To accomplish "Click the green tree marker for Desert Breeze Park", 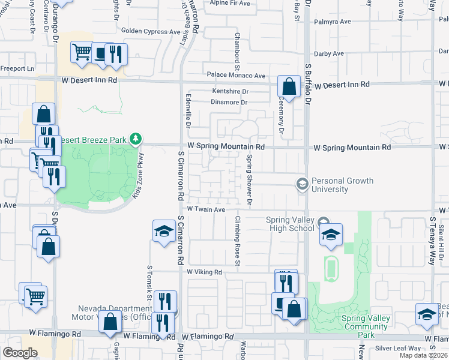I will (x=136, y=139).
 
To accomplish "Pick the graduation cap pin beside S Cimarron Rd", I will (x=163, y=232).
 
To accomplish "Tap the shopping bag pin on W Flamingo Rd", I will (x=110, y=322).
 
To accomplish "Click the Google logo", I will (x=20, y=352).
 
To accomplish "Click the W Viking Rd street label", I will (x=204, y=272).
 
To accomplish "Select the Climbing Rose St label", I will (x=238, y=241).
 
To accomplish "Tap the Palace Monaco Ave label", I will (x=236, y=76).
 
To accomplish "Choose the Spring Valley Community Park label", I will (x=366, y=326).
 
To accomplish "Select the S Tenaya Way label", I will (x=431, y=241).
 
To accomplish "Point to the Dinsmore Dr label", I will (x=230, y=103).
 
